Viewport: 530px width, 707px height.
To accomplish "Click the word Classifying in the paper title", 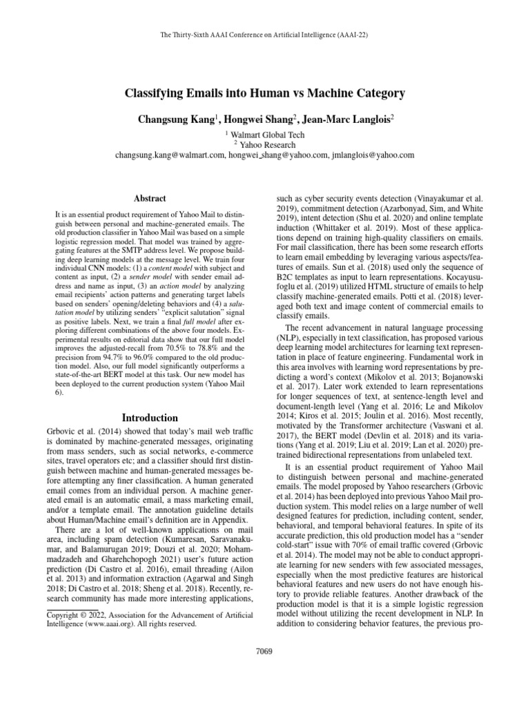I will [158, 93].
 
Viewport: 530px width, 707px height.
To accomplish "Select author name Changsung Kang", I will [176, 118].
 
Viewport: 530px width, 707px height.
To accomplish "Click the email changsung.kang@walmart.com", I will [170, 156].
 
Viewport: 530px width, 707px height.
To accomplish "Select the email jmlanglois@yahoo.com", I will [373, 156].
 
